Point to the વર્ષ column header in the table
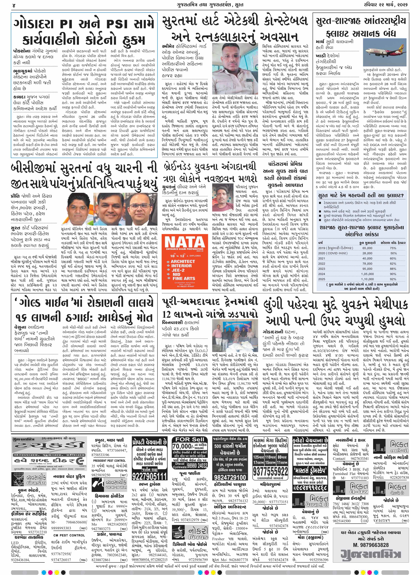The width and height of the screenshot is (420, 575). [x=321, y=243]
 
